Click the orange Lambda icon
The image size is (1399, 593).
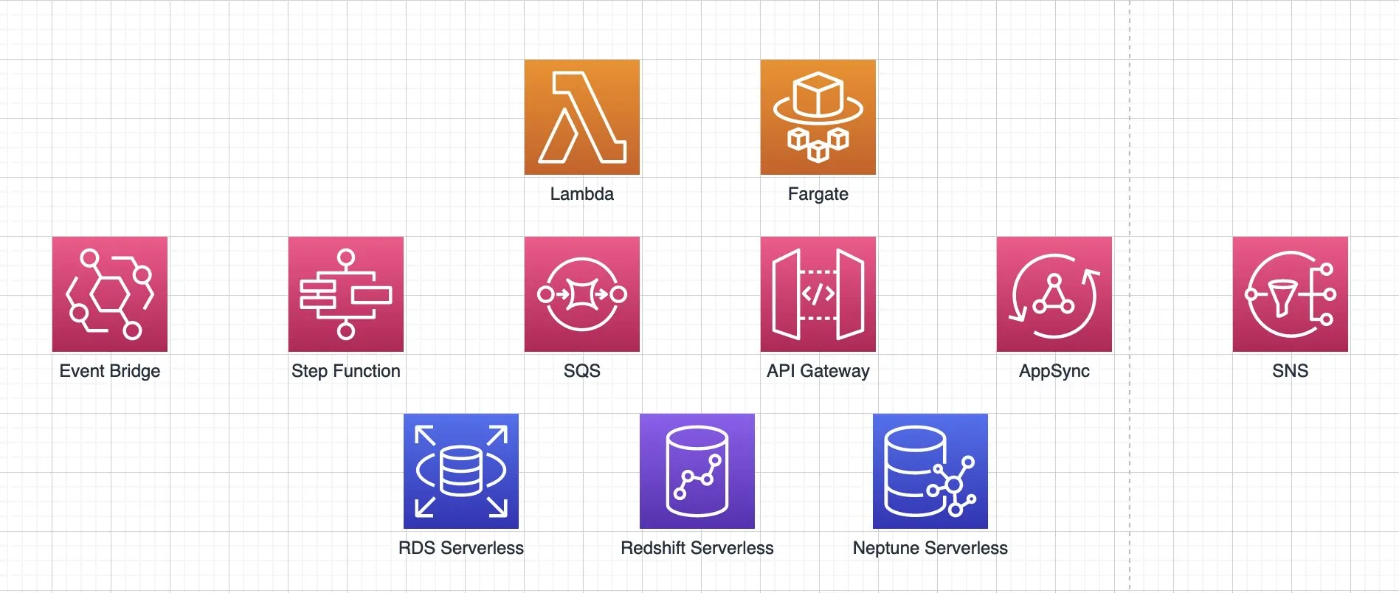click(x=582, y=117)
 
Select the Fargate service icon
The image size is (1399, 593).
click(x=818, y=117)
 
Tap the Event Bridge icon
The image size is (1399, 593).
click(x=110, y=294)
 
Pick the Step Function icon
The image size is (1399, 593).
click(x=346, y=294)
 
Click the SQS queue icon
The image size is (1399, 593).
click(x=582, y=294)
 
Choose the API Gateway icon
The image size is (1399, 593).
click(x=818, y=294)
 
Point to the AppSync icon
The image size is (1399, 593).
click(x=1054, y=294)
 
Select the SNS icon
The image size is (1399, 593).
click(x=1291, y=294)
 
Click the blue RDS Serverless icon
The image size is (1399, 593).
click(x=461, y=471)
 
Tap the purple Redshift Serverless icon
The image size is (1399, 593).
click(x=697, y=471)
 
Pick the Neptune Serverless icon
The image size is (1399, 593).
click(x=930, y=471)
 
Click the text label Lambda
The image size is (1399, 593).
click(x=582, y=194)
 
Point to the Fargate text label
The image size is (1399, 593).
click(x=818, y=195)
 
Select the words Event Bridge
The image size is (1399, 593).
click(x=110, y=372)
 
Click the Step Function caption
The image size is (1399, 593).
click(x=346, y=372)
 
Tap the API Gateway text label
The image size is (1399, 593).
click(x=818, y=372)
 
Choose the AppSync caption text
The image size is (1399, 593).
click(x=1054, y=372)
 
